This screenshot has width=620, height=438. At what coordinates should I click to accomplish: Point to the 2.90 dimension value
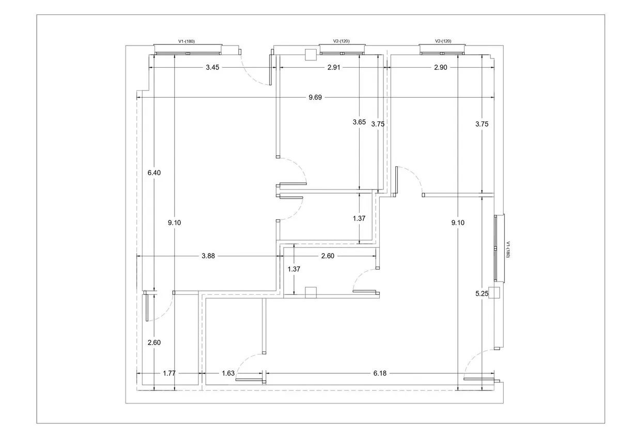(x=440, y=67)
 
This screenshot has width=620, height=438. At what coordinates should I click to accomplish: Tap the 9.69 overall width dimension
(x=315, y=97)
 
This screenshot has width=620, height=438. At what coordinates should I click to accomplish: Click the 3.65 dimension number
(x=359, y=122)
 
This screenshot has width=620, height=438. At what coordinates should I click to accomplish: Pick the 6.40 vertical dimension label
(x=154, y=173)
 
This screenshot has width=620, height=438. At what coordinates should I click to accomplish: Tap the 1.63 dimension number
(x=228, y=373)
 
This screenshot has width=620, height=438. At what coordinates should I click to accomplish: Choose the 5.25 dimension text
(x=482, y=293)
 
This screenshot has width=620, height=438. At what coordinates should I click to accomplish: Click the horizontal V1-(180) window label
(x=186, y=41)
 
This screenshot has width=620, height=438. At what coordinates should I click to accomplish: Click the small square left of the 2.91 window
(x=311, y=55)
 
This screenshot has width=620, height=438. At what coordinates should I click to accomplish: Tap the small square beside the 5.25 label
(x=494, y=292)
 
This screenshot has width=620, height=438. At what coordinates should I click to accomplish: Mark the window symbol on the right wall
(x=498, y=247)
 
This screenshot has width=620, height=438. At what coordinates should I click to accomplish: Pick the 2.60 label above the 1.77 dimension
(x=154, y=342)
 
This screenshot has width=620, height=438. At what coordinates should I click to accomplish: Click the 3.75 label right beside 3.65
(x=378, y=123)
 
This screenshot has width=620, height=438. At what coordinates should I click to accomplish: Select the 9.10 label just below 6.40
(x=175, y=223)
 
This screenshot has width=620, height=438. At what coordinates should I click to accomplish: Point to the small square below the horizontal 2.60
(x=311, y=292)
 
